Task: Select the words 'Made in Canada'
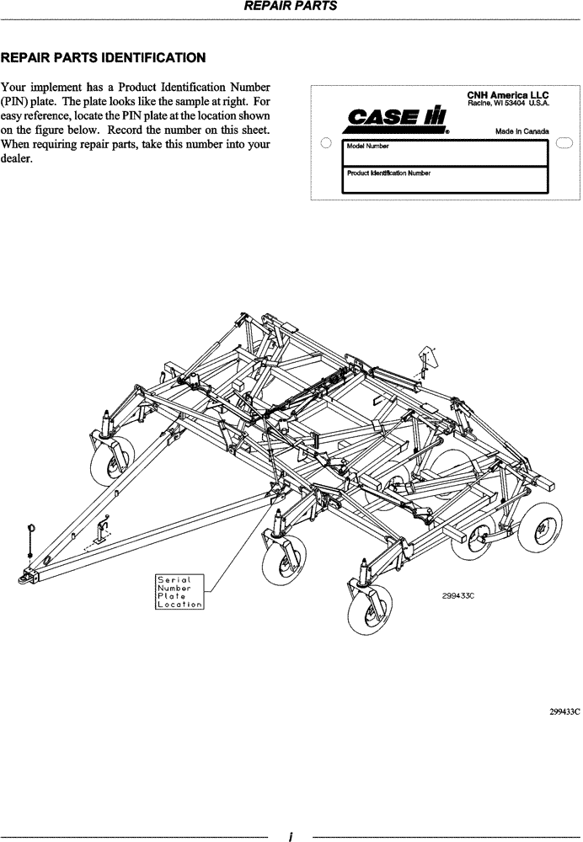point(521,131)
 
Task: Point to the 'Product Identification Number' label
point(388,173)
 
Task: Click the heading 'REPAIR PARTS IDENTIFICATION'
point(103,58)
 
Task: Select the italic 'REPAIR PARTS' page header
point(291,5)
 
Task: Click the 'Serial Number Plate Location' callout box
point(179,592)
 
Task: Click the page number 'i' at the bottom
point(290,836)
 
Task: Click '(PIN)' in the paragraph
point(17,101)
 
